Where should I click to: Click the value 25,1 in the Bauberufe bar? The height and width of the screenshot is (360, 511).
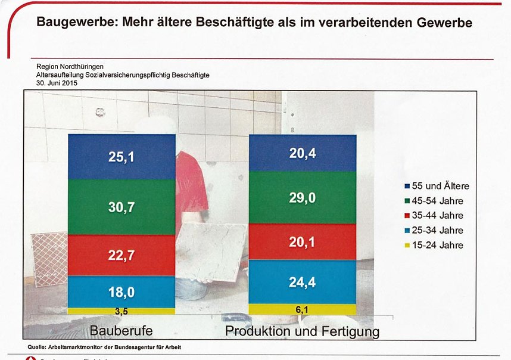[121, 157]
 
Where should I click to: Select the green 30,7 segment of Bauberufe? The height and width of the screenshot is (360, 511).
[121, 206]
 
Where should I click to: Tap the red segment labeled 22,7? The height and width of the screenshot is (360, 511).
[121, 255]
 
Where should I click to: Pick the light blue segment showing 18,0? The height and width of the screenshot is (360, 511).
[121, 292]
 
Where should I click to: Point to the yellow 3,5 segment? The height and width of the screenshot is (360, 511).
[121, 311]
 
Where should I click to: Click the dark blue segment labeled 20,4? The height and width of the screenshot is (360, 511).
[302, 154]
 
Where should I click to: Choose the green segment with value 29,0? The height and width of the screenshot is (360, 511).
[302, 197]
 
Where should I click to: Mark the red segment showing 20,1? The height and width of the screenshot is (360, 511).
[302, 242]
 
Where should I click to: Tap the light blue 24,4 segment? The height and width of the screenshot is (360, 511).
[302, 282]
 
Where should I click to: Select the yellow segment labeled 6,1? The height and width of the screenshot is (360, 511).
[302, 309]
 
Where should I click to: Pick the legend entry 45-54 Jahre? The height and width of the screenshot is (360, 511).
[434, 201]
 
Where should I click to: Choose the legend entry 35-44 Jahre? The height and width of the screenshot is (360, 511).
[434, 215]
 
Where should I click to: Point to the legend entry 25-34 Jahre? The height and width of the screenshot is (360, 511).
[434, 230]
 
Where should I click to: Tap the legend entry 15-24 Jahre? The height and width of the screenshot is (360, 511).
[434, 245]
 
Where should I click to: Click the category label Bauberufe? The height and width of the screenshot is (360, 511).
[121, 330]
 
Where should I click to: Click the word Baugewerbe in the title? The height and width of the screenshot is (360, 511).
[73, 23]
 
